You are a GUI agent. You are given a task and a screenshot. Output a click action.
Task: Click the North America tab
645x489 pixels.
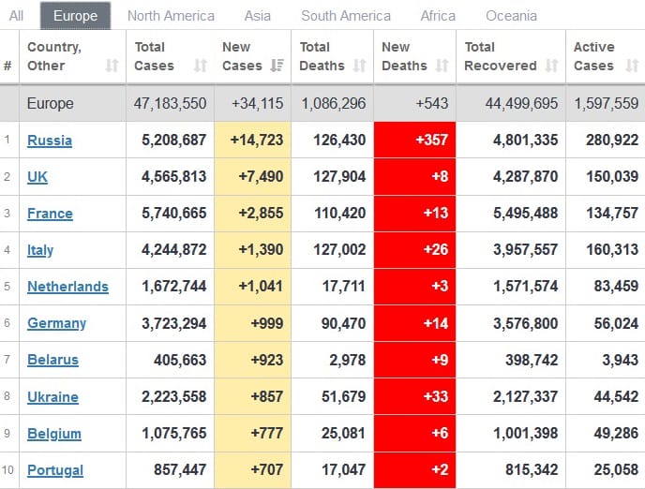(x=171, y=16)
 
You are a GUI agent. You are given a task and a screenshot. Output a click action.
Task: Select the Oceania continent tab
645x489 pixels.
(x=511, y=16)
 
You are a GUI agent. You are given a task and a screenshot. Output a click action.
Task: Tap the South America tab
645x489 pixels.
(x=346, y=16)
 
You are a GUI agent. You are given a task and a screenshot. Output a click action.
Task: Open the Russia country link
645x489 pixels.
(x=50, y=141)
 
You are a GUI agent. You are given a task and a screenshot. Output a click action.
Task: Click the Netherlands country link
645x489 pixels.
(x=67, y=287)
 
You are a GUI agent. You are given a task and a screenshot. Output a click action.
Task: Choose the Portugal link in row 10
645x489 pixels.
(x=55, y=470)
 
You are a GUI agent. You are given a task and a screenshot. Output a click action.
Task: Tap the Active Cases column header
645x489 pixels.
(x=594, y=56)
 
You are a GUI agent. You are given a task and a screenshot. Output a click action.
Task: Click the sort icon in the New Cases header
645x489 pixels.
(x=277, y=66)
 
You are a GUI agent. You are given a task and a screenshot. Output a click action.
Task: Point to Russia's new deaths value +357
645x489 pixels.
(x=414, y=141)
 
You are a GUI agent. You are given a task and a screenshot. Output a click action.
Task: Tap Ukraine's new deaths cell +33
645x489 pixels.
(x=414, y=396)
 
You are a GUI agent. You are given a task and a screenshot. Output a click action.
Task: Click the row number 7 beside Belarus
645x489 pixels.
(x=7, y=360)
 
